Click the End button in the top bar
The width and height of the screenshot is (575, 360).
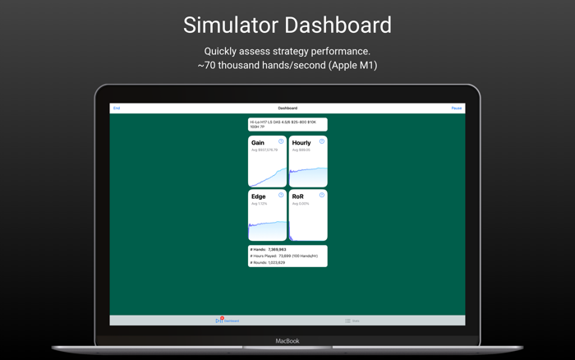[x=117, y=108]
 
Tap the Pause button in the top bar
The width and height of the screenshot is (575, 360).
[x=457, y=108]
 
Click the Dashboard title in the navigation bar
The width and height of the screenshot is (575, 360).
[x=287, y=108]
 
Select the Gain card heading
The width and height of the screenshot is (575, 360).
[x=258, y=143]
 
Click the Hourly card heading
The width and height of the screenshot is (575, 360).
[x=301, y=143]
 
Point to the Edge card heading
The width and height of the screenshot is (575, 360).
[x=259, y=197]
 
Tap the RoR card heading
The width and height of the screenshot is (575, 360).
[x=298, y=197]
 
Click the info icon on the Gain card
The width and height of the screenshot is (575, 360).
[x=281, y=141]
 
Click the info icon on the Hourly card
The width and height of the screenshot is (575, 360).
[x=322, y=141]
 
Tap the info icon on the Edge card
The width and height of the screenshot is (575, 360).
[x=281, y=196]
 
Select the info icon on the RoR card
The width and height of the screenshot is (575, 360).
[x=322, y=196]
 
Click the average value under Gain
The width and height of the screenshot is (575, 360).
[x=264, y=150]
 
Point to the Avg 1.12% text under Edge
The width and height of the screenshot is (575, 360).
[x=260, y=204]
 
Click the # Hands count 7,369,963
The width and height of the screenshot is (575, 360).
[x=277, y=249]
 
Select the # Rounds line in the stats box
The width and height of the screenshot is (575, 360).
[x=268, y=263]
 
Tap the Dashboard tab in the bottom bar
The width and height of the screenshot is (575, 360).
[x=228, y=321]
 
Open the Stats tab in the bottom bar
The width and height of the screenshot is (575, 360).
[x=352, y=321]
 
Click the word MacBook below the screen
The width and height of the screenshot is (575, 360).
[x=287, y=341]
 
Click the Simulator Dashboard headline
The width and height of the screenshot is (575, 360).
[x=287, y=25]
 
